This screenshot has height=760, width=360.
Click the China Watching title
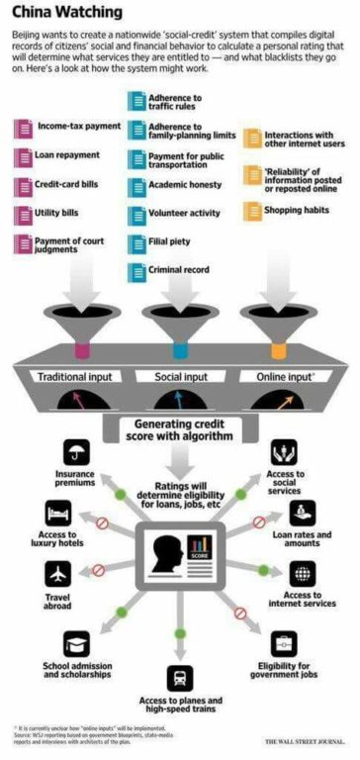61,12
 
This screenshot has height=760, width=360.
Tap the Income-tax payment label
79,128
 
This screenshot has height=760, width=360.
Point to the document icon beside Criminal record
135,269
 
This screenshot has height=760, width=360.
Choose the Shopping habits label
293,210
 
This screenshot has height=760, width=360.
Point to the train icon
181,678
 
